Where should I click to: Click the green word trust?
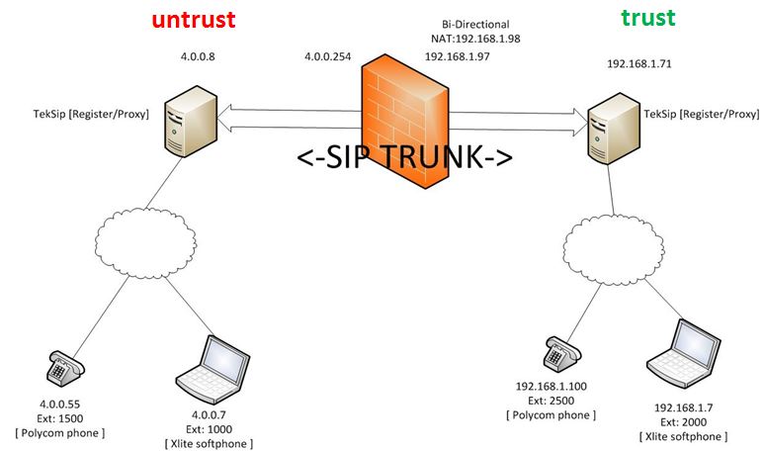point(648,18)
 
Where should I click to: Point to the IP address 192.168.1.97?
point(457,57)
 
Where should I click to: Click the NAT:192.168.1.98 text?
point(474,38)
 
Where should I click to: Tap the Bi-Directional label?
point(474,22)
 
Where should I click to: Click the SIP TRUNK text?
point(405,159)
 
